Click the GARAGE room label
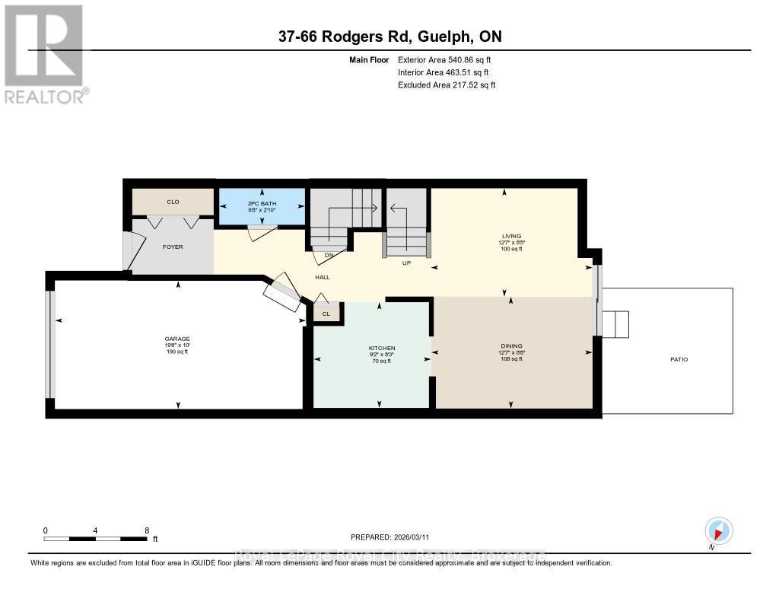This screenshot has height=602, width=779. point(176,339)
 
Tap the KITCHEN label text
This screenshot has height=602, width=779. point(381,348)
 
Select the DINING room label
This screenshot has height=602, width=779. point(510,346)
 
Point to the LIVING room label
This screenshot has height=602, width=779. point(510,236)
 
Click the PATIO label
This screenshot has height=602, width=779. point(679,359)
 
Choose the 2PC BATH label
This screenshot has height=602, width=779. point(261,203)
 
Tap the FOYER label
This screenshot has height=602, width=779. point(173,247)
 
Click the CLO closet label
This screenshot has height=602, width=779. point(173,202)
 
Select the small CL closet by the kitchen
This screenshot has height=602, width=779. point(326,313)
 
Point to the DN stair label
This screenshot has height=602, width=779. point(329,255)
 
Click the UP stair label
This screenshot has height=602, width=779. point(406,263)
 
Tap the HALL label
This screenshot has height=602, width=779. point(322,277)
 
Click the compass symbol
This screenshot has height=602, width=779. point(718,530)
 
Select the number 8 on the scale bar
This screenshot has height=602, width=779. point(146,530)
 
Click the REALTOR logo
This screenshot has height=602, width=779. point(46,53)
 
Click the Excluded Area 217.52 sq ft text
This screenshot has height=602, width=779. point(447,85)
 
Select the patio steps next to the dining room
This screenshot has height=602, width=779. point(615,324)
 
